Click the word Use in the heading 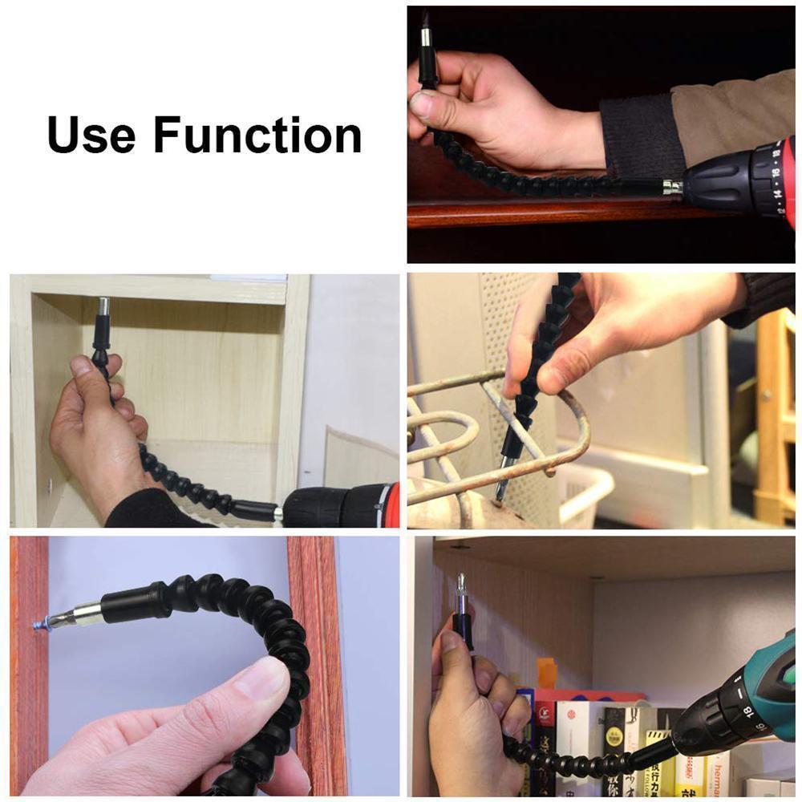coord(91,135)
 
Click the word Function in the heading coord(257,135)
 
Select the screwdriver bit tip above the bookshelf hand coord(461,581)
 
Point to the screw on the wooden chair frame coord(768,395)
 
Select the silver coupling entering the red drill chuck coord(671,187)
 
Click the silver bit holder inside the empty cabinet coord(103,307)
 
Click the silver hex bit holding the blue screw coord(76,617)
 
